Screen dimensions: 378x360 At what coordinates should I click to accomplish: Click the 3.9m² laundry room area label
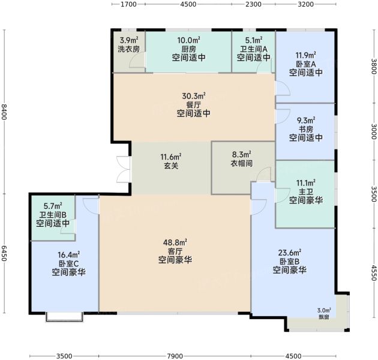129,40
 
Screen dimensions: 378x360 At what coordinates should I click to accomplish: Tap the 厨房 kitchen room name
189,49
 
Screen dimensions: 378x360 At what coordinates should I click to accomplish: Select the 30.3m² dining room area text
194,96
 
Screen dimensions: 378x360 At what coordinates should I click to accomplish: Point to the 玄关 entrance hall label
171,166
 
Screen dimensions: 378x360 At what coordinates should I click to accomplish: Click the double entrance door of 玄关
124,170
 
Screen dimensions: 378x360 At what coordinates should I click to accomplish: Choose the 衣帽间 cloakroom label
242,163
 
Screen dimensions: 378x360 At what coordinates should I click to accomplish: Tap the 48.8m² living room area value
175,242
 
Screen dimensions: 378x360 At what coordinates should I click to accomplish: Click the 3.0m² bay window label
324,310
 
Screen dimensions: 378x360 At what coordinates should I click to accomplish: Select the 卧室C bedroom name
69,263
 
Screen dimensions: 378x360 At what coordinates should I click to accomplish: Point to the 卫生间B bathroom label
53,215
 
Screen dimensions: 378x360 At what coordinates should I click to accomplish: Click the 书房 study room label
306,129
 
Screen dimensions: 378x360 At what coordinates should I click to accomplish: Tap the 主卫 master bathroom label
306,191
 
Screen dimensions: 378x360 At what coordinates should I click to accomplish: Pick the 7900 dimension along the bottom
175,356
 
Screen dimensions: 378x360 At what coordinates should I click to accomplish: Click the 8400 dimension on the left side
4,112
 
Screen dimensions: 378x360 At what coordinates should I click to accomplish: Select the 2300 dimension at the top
253,4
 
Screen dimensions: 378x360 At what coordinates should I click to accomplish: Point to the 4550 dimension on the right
374,273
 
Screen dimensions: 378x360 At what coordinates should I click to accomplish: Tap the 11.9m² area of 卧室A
306,55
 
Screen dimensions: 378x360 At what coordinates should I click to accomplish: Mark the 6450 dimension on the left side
4,253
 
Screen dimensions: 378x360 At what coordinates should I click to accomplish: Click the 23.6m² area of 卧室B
290,253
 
